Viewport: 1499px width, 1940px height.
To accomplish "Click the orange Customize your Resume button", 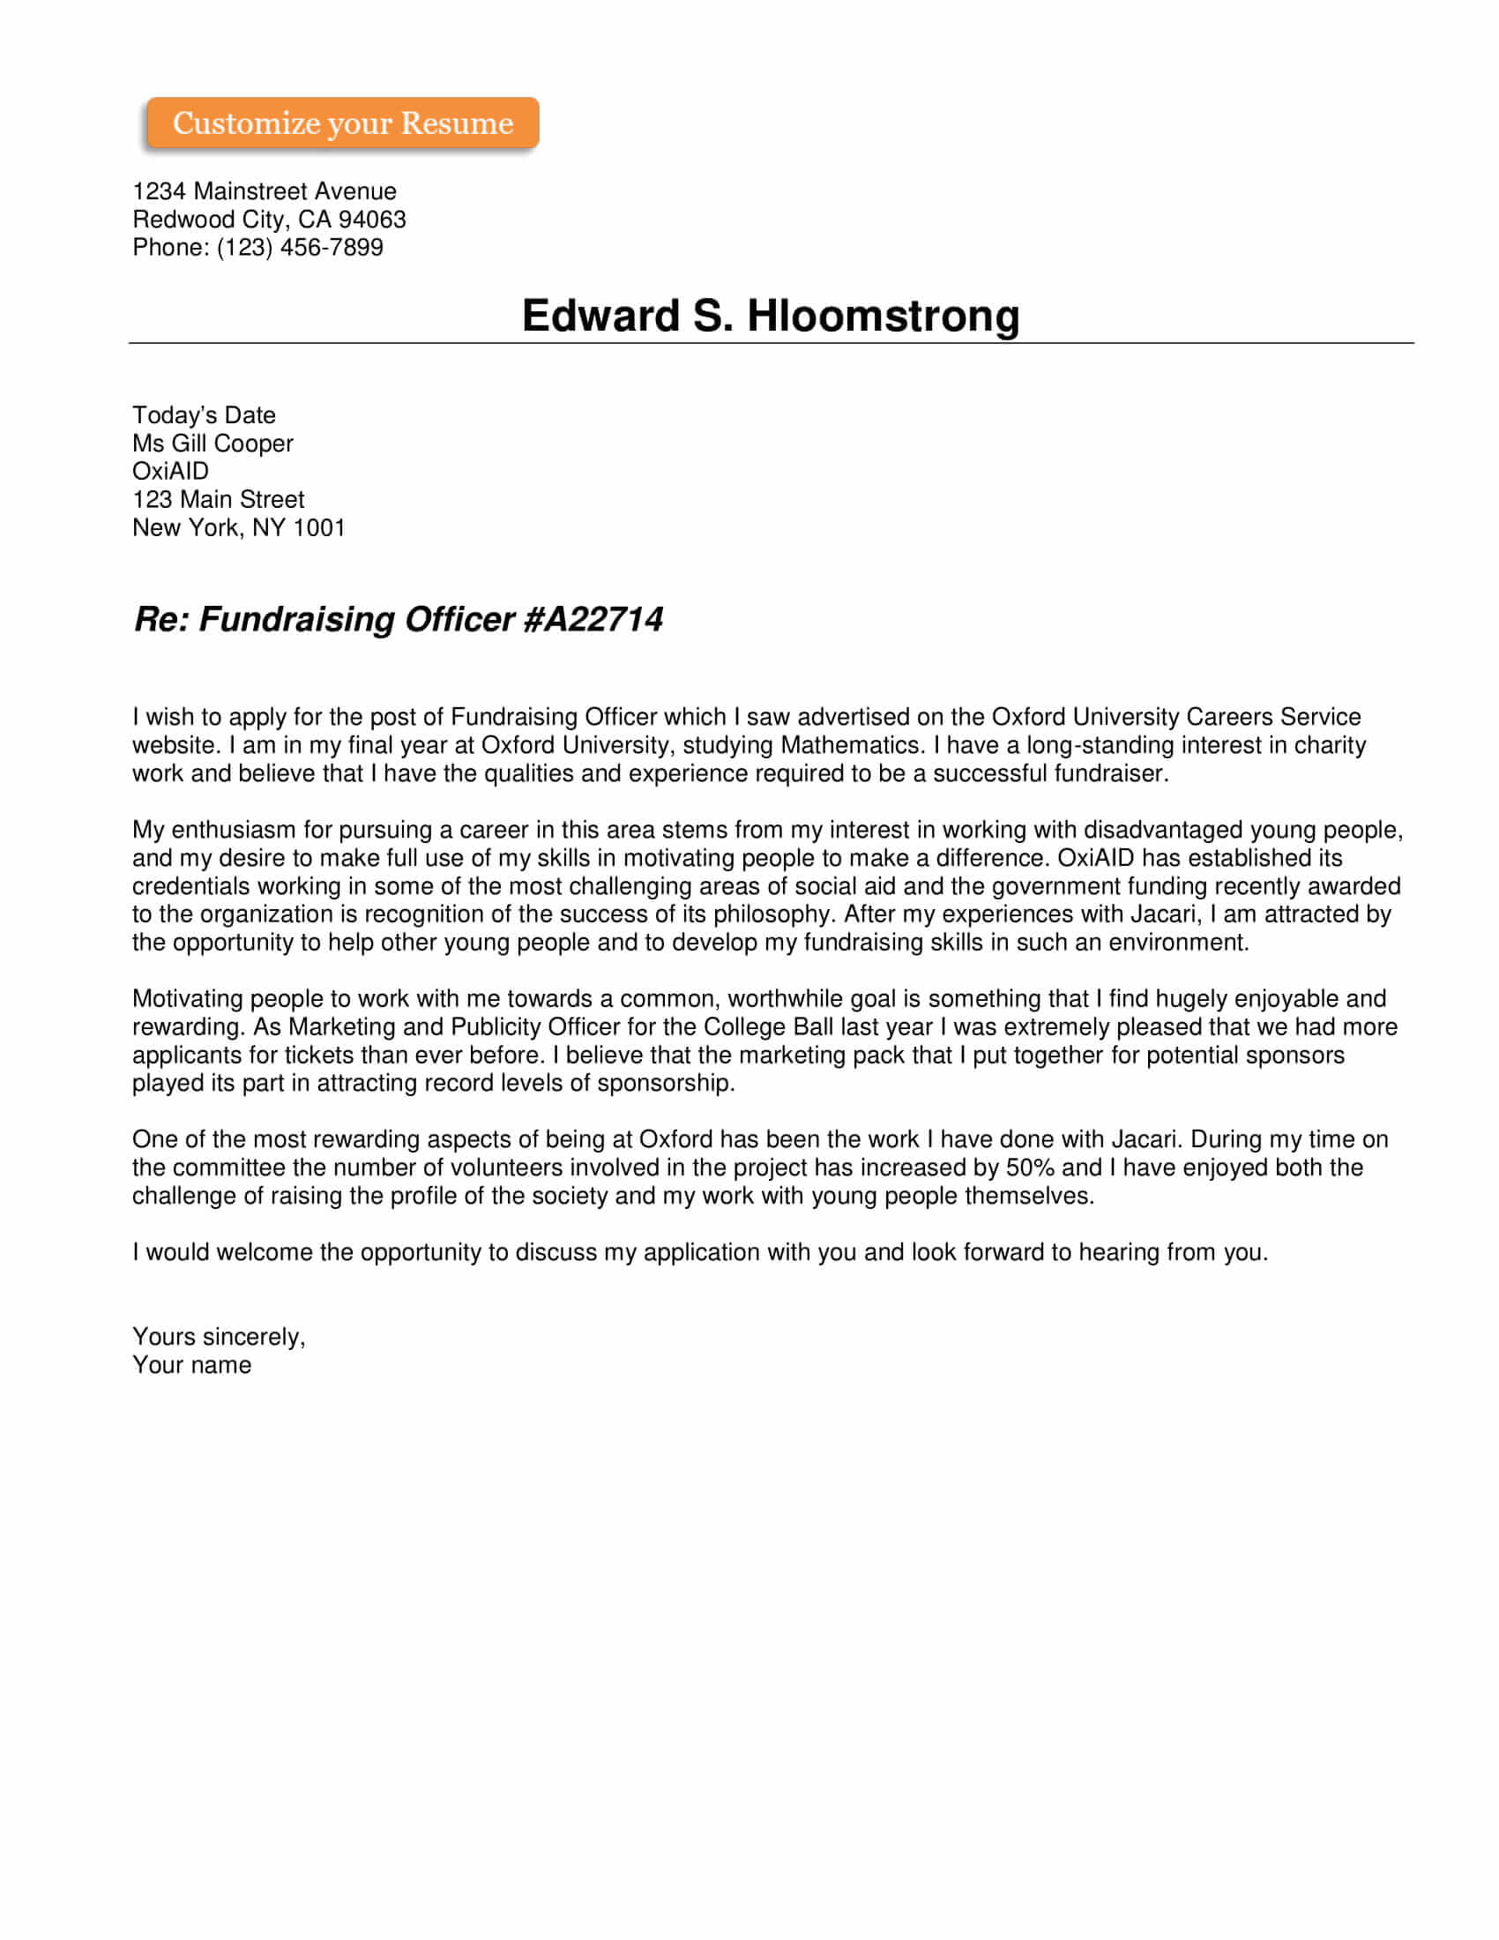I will point(343,123).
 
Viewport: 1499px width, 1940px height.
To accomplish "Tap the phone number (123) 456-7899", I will point(300,247).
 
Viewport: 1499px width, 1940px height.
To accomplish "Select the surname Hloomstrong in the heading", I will point(883,316).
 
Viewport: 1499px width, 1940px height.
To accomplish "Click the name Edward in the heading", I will point(600,316).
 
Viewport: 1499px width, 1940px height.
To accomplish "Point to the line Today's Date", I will point(205,414).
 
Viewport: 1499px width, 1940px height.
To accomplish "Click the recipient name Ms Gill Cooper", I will point(213,444).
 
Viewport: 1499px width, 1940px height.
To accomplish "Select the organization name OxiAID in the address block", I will point(170,472).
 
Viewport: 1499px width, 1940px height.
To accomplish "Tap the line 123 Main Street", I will point(219,499).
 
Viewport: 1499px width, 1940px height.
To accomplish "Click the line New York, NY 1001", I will point(239,527).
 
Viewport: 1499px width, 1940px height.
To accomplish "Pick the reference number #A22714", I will point(593,619).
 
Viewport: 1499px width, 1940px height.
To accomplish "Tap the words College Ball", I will point(768,1026).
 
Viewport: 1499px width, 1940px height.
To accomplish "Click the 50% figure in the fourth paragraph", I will point(1029,1168).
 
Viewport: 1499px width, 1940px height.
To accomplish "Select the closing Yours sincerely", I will point(219,1337).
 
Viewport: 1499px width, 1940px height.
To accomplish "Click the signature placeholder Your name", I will point(192,1365).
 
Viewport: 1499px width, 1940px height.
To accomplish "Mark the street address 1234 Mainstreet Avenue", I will point(265,191).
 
